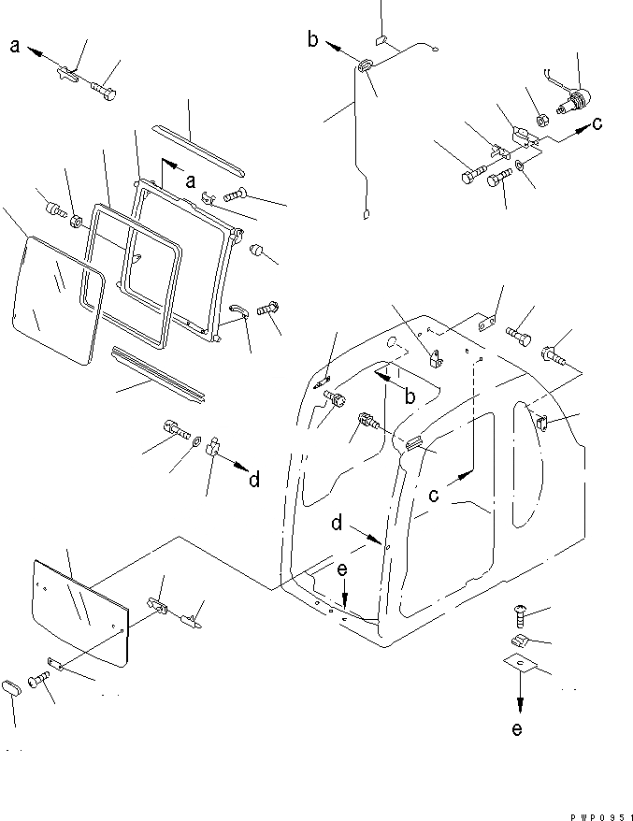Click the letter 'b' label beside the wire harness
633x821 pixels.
[x=312, y=39]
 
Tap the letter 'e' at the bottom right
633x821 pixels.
[x=518, y=728]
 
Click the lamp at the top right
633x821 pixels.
[x=578, y=98]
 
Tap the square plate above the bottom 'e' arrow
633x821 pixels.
[x=522, y=666]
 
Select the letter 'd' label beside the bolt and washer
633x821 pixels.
[x=253, y=480]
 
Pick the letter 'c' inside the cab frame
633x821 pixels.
[x=433, y=496]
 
